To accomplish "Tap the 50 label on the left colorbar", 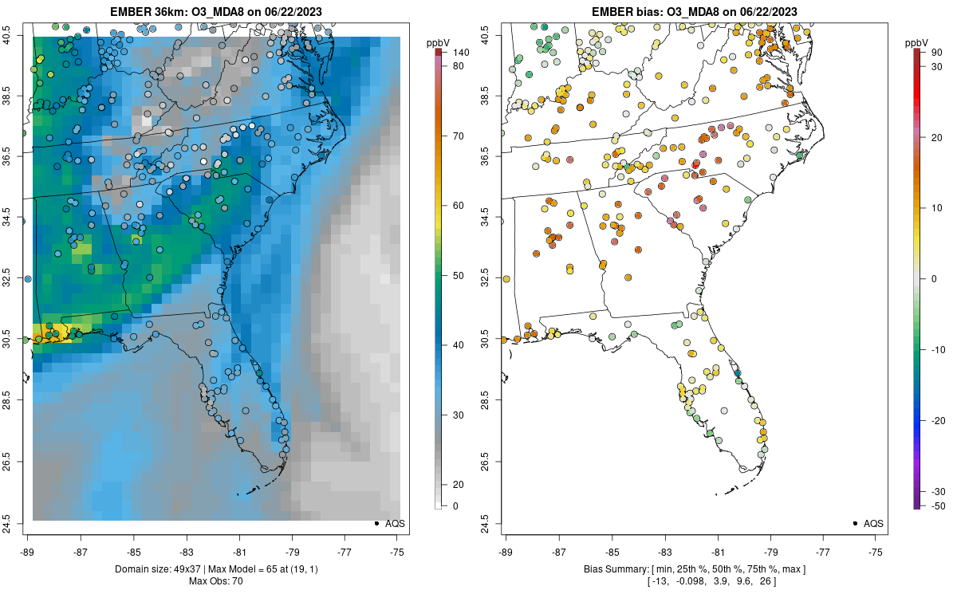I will pos(459,276).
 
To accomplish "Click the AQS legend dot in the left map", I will pos(376,523).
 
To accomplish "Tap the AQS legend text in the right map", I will pos(873,523).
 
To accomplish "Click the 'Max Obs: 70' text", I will pos(215,580).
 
